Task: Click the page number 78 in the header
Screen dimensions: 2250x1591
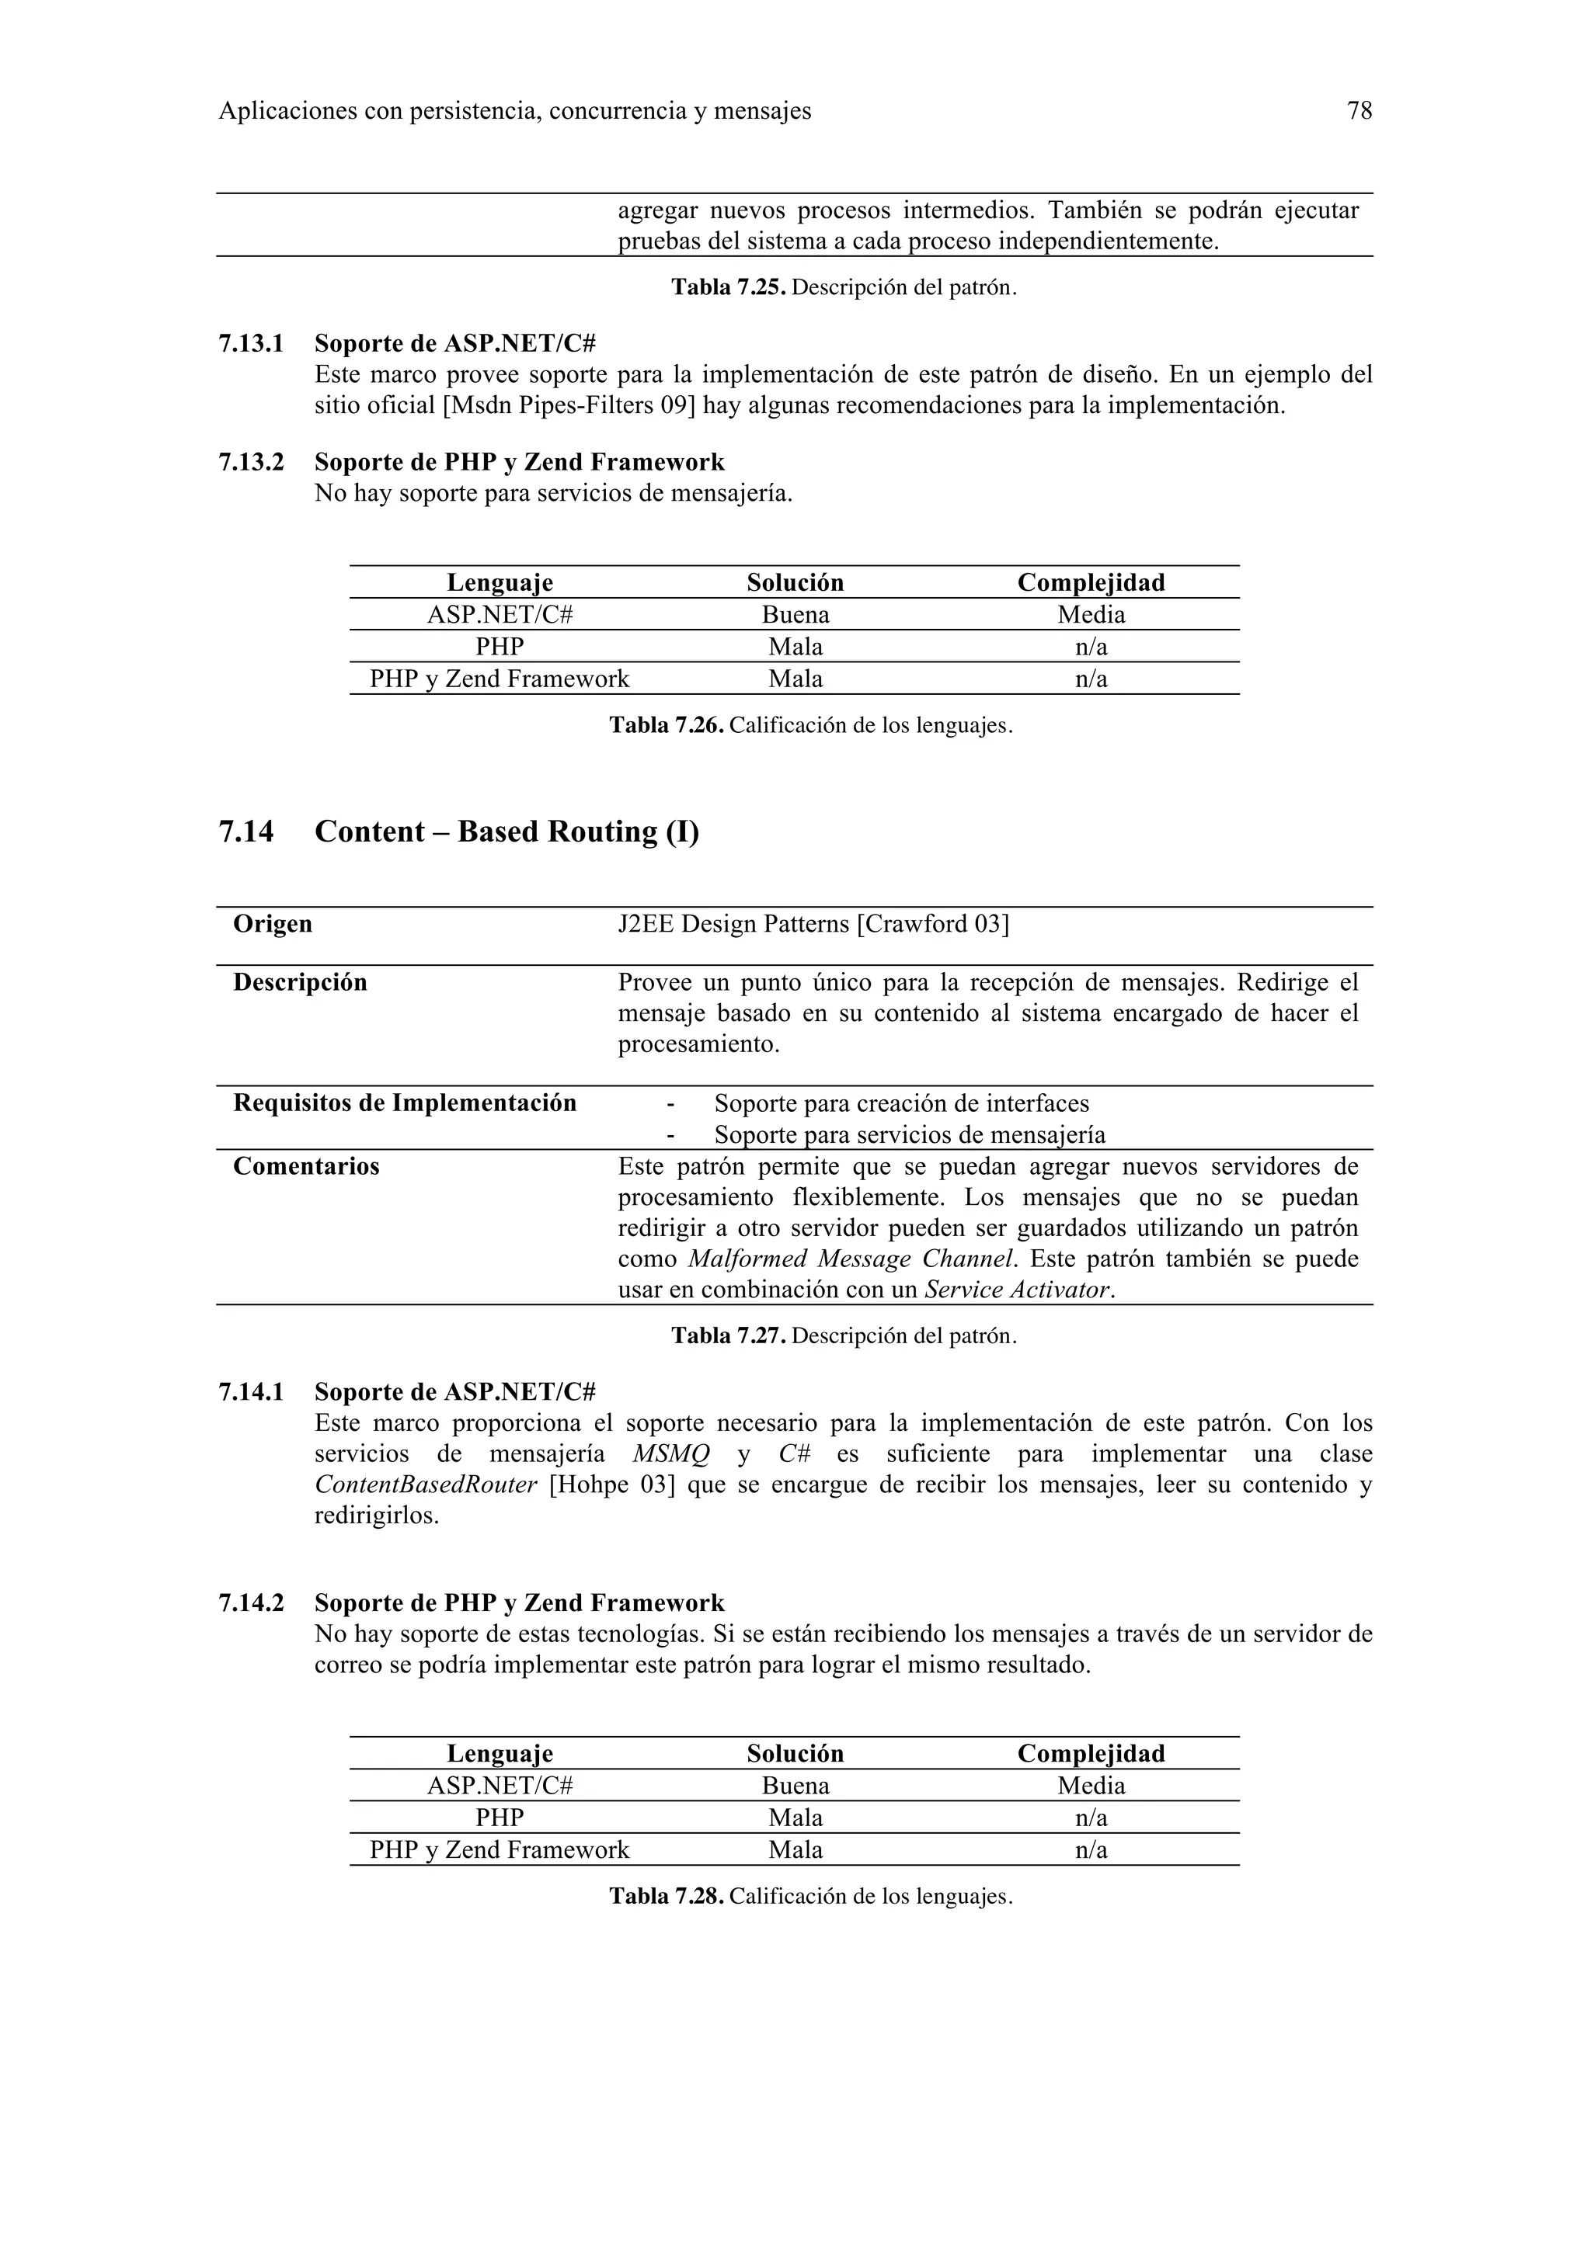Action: [x=1359, y=112]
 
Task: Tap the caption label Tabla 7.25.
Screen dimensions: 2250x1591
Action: [x=729, y=288]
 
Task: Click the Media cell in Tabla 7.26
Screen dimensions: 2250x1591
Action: [x=1090, y=614]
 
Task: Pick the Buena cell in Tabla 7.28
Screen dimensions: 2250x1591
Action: [x=795, y=1786]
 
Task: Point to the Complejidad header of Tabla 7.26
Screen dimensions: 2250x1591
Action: [x=1090, y=582]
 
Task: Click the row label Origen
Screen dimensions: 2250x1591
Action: [x=273, y=924]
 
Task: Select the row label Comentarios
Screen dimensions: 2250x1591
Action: [x=306, y=1166]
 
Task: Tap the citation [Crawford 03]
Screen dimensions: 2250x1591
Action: [x=932, y=924]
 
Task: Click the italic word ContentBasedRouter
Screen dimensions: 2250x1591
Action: [x=426, y=1484]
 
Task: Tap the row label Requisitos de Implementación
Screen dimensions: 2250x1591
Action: [x=404, y=1103]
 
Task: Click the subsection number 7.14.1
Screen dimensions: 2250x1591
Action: [x=251, y=1391]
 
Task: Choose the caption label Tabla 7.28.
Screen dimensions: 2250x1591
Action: [x=667, y=1896]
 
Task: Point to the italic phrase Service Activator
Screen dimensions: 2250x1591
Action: [x=1018, y=1290]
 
